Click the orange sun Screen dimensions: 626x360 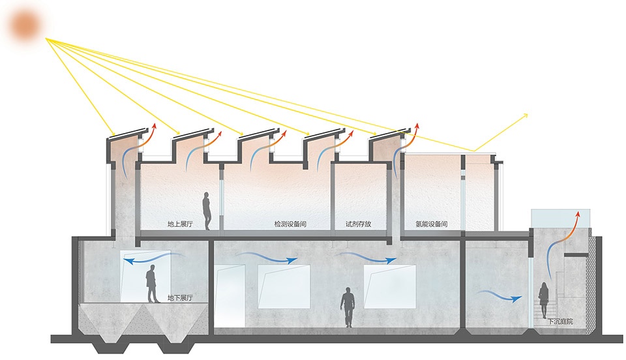(x=25, y=25)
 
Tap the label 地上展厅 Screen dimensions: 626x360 (x=180, y=224)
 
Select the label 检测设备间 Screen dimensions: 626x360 (x=290, y=224)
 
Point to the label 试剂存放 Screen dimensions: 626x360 (x=358, y=224)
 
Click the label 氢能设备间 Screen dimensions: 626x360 (x=432, y=224)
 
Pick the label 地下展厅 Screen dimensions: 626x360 (x=180, y=298)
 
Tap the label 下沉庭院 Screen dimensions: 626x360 (x=560, y=322)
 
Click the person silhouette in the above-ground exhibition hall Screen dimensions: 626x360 (x=207, y=211)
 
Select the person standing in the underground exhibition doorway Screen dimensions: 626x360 (x=151, y=284)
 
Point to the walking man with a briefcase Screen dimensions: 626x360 (x=348, y=307)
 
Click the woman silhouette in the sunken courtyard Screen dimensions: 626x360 (x=544, y=300)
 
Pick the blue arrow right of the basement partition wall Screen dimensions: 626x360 (x=500, y=296)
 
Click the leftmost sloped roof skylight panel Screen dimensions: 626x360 (x=127, y=133)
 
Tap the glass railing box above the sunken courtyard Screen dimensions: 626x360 (x=561, y=218)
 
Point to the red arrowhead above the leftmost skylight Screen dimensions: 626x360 (x=153, y=127)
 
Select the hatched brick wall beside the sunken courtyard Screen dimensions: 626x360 (x=591, y=286)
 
